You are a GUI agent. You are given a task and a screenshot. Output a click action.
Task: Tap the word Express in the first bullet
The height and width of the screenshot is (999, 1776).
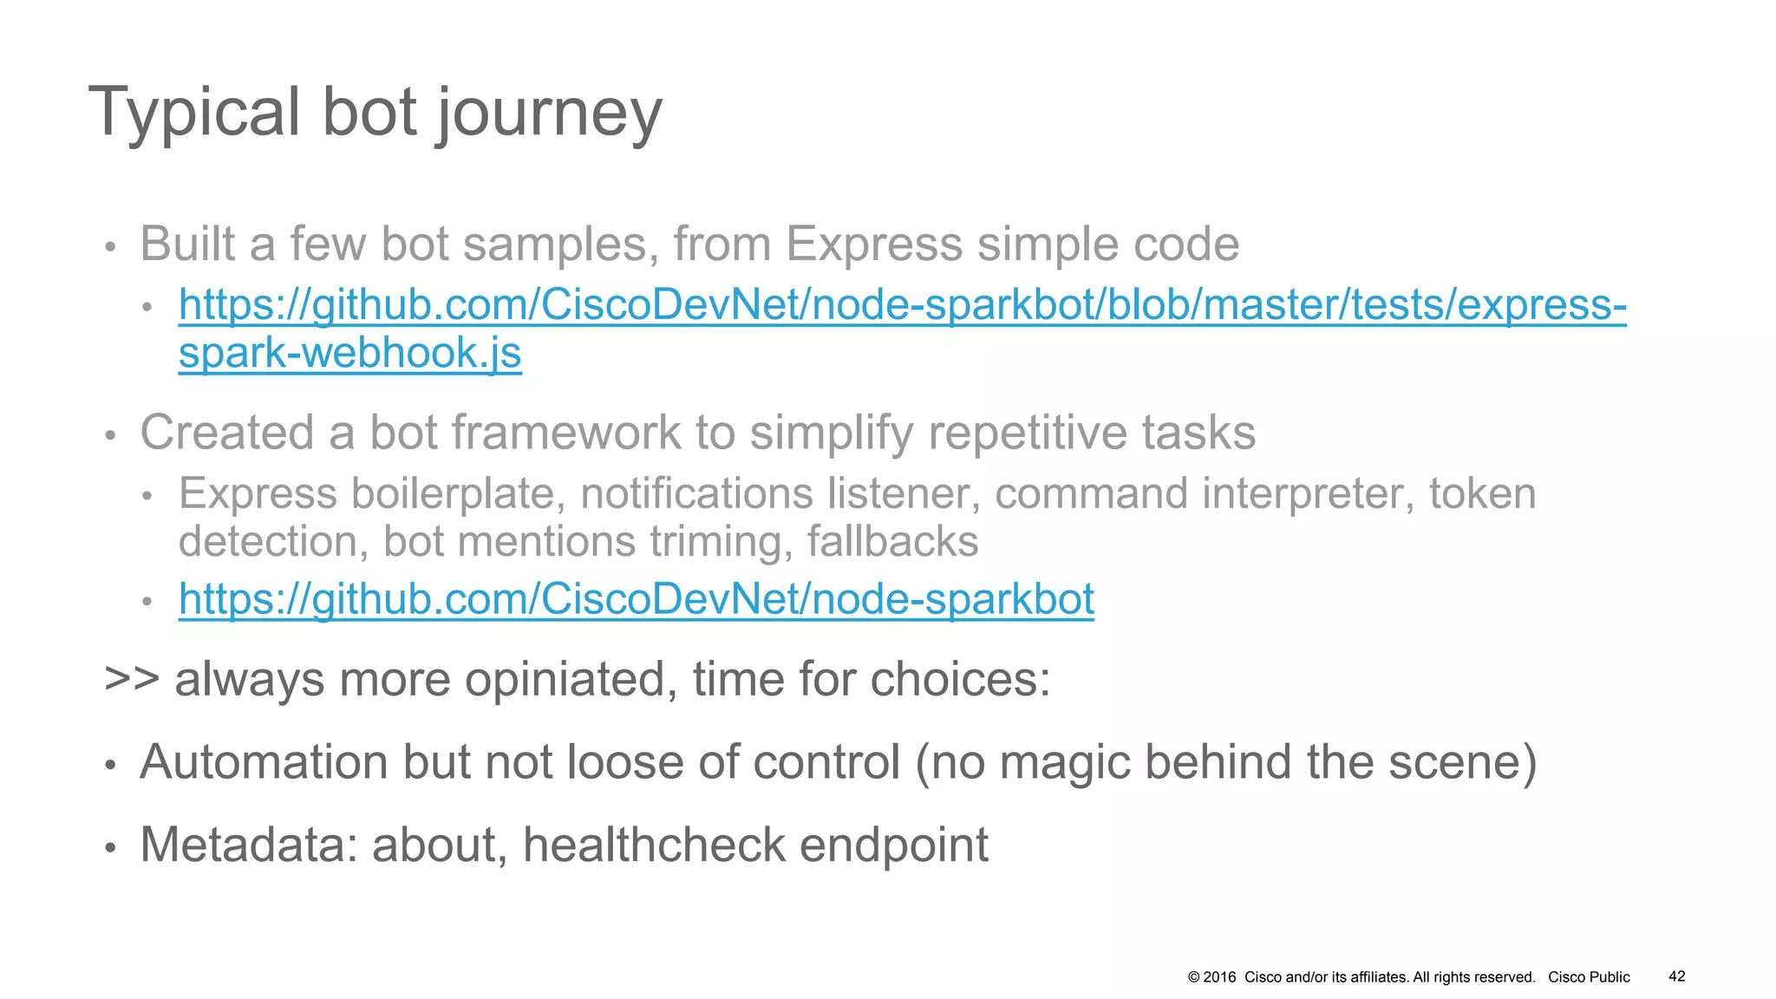tap(874, 245)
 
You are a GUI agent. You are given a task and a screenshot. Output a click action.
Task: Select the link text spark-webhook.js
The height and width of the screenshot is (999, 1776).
tap(349, 353)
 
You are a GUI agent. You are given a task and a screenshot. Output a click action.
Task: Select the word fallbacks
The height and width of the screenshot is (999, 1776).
tap(892, 542)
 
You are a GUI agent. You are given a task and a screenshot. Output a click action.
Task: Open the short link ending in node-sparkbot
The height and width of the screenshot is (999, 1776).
tap(636, 599)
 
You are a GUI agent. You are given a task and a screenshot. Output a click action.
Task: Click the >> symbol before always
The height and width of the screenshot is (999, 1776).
tap(131, 679)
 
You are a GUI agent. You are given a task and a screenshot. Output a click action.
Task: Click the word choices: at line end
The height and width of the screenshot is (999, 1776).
tap(960, 679)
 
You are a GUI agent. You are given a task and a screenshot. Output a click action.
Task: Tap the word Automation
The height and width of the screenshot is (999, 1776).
tap(264, 762)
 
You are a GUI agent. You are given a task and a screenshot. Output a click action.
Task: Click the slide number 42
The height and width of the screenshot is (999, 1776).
tap(1677, 976)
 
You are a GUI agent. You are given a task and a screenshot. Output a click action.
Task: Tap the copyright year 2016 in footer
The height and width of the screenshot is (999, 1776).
tap(1219, 977)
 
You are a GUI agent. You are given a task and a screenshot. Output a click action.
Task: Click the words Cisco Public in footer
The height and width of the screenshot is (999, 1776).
tap(1589, 977)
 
